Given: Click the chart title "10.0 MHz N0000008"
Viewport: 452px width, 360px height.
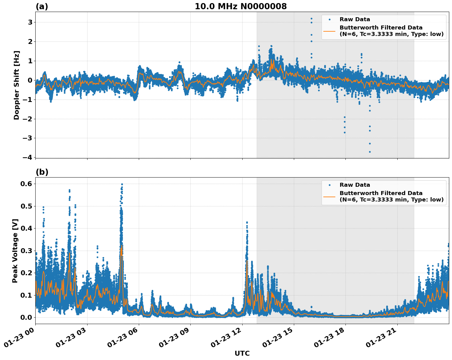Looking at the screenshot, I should pyautogui.click(x=241, y=6).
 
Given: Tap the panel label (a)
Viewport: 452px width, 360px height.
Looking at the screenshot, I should pyautogui.click(x=42, y=6).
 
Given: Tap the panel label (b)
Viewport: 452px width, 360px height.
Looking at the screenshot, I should pyautogui.click(x=42, y=172).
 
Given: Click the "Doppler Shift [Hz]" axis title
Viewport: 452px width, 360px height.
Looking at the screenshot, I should pyautogui.click(x=17, y=85).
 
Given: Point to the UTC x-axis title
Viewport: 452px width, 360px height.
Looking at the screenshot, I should pyautogui.click(x=242, y=353).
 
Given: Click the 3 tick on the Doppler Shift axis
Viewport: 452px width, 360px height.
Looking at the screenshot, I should pyautogui.click(x=30, y=22).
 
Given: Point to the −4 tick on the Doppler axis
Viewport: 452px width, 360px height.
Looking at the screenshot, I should pyautogui.click(x=28, y=157).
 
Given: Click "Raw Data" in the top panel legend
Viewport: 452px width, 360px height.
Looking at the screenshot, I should pyautogui.click(x=355, y=19).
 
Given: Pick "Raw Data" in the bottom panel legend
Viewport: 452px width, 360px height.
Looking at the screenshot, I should pyautogui.click(x=355, y=185).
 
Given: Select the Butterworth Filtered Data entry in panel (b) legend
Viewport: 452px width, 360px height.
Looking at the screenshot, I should pyautogui.click(x=391, y=196).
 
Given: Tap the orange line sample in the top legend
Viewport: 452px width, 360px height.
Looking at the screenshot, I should pyautogui.click(x=329, y=31).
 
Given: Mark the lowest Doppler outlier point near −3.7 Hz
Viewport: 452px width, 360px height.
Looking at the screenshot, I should pyautogui.click(x=370, y=152).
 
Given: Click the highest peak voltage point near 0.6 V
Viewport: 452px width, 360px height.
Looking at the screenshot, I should pyautogui.click(x=122, y=184).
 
